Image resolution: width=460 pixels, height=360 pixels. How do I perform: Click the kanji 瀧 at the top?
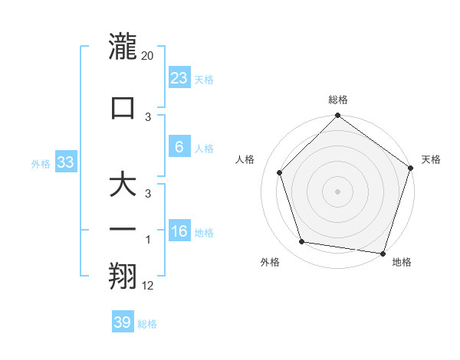pos(123,47)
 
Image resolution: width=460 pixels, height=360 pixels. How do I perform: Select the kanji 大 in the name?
pos(123,187)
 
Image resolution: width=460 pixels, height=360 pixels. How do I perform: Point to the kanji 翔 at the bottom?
pos(123,277)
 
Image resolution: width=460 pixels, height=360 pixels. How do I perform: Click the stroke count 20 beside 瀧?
pos(148,56)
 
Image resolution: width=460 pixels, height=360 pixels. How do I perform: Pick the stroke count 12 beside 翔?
pos(147,286)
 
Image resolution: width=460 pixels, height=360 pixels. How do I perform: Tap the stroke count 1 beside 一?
pos(148,240)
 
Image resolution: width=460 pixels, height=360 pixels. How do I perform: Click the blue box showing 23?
pos(179,78)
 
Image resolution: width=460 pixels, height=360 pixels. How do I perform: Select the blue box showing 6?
pos(179,147)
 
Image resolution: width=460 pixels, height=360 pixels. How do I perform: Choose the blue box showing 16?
pos(179,231)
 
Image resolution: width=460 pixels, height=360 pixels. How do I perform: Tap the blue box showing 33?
pos(65,162)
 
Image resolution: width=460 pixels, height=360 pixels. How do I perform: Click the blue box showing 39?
pos(122,322)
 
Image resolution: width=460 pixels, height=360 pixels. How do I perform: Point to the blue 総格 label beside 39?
pos(147,324)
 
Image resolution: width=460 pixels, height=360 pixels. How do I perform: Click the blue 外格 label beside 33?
pos(41,164)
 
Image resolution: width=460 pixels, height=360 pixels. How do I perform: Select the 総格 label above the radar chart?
pos(338,100)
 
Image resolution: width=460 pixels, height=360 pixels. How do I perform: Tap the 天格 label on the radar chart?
pos(431,159)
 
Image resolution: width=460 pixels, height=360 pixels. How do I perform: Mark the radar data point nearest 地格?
pos(383,253)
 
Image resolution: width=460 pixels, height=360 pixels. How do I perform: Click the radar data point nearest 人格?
pos(279,172)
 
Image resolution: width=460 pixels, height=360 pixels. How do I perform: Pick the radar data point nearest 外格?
pos(302,242)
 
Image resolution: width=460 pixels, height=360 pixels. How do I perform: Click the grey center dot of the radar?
pos(338,191)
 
